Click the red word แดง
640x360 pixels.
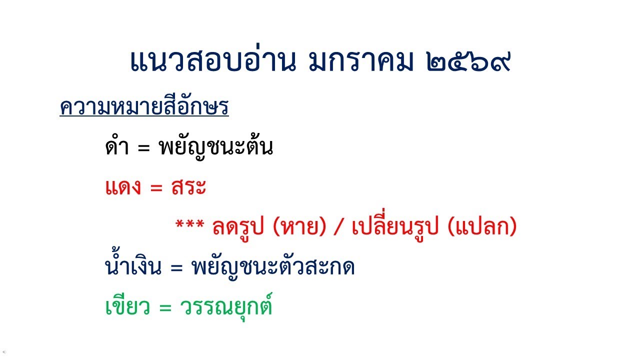click(124, 188)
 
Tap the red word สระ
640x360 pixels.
click(188, 188)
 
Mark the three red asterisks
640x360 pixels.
click(189, 226)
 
